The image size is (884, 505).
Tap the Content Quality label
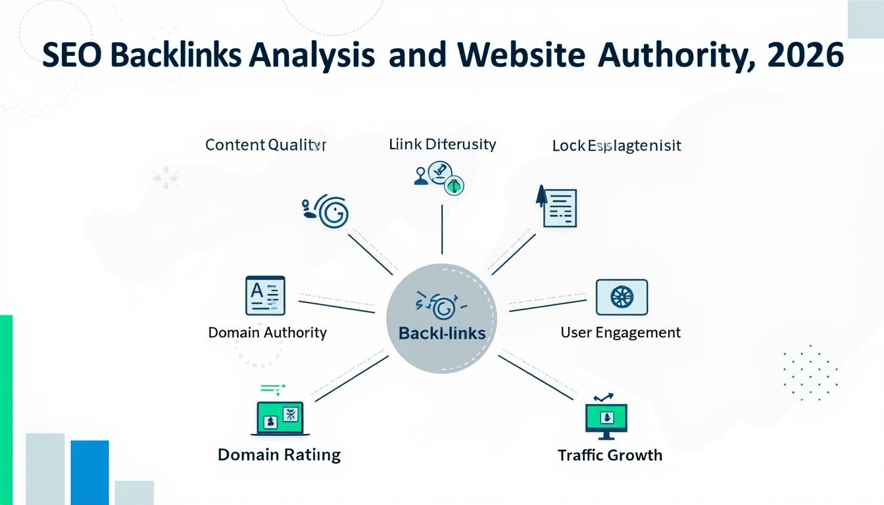[x=265, y=145]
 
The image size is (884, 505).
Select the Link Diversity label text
[x=442, y=144]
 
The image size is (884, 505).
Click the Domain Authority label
[x=267, y=333]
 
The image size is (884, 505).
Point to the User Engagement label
[x=620, y=333]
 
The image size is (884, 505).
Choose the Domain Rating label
[x=279, y=454]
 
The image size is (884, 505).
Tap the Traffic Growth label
[x=610, y=455]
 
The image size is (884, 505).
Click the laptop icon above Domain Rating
[x=280, y=418]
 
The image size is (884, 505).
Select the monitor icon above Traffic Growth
[x=606, y=420]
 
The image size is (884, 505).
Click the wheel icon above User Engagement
[x=622, y=297]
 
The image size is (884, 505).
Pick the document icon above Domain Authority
[x=265, y=295]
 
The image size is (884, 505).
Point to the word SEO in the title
[x=71, y=55]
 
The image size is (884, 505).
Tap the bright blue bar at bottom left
[x=89, y=472]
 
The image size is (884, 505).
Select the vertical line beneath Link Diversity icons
[x=441, y=229]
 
